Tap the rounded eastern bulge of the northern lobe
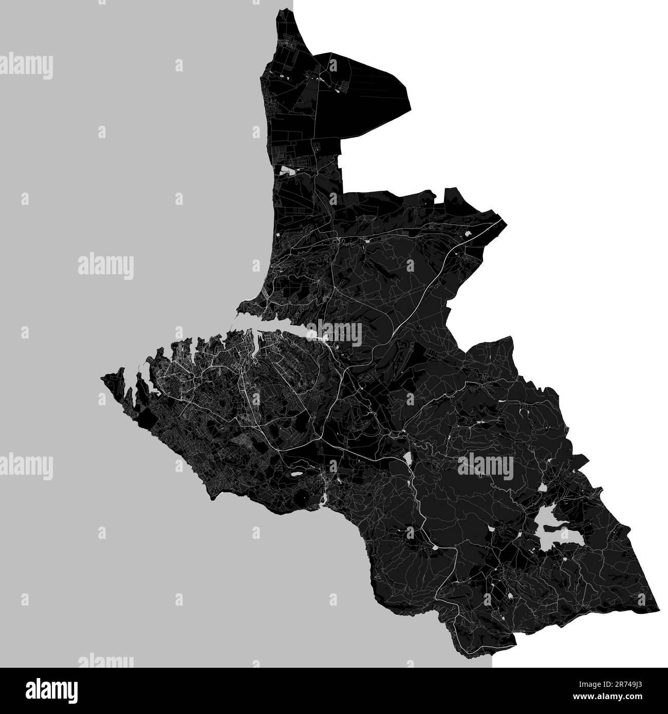point(409,98)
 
